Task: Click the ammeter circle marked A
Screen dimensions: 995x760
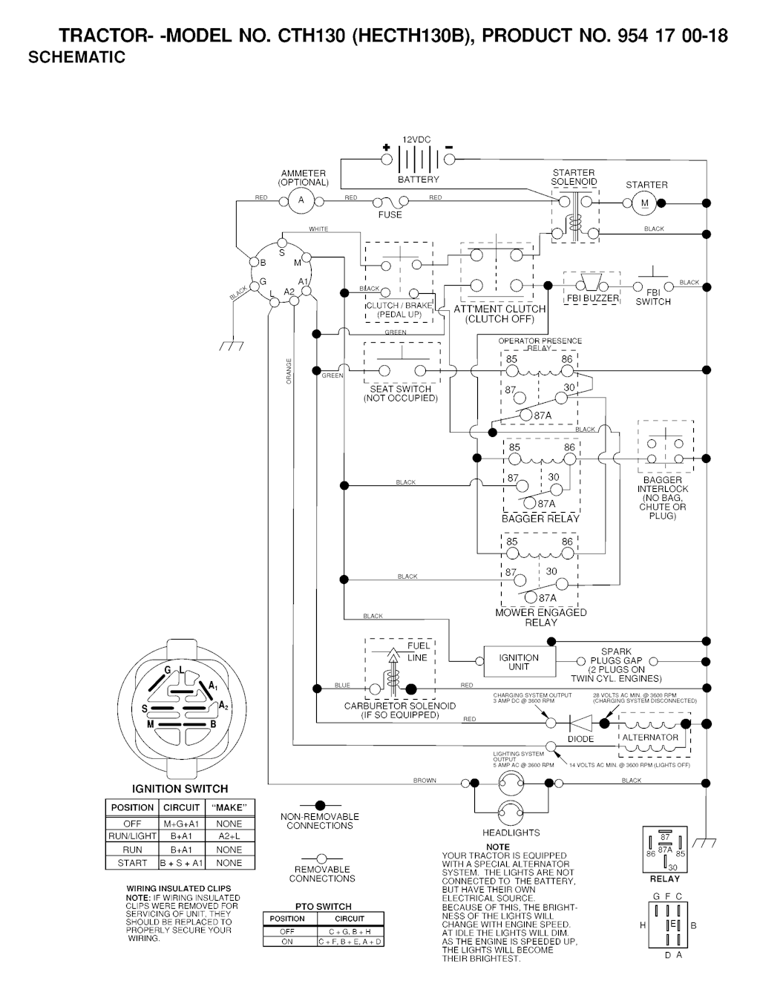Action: point(301,200)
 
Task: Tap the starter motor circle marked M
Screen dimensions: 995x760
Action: point(644,203)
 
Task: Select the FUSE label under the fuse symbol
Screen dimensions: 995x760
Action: point(390,215)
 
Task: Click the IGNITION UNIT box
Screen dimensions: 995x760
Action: point(519,662)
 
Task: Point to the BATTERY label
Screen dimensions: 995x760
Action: point(419,180)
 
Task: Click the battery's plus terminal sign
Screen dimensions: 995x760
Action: point(386,147)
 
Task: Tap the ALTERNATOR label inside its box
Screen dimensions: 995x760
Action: point(650,738)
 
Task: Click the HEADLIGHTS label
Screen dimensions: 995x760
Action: point(511,833)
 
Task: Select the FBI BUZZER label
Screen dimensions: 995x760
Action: point(593,298)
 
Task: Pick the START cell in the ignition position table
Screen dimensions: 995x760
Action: point(132,863)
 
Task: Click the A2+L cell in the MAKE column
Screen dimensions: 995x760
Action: point(229,836)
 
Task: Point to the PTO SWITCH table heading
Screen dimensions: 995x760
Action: point(324,906)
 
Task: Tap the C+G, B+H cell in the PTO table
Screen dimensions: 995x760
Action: point(350,930)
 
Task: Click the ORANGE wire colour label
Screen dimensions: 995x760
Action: point(289,371)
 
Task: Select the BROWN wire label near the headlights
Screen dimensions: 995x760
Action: point(425,781)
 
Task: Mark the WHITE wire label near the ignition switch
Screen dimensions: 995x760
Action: point(318,229)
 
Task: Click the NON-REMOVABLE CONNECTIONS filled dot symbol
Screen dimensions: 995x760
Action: point(321,805)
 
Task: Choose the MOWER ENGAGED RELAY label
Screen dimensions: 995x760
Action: point(541,617)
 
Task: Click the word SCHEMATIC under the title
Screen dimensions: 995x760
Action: point(76,57)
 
